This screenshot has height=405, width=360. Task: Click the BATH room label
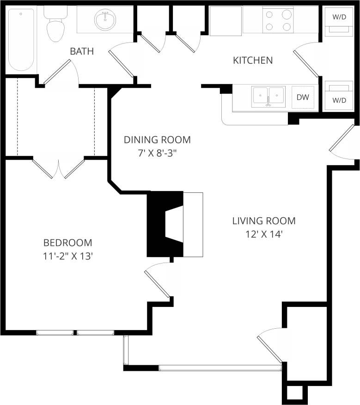tap(82, 51)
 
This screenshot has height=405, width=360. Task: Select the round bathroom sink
tap(105, 20)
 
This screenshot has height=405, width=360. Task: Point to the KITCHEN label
tap(252, 60)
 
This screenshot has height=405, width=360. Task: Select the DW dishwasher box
tap(303, 98)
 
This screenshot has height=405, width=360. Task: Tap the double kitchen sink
tap(268, 97)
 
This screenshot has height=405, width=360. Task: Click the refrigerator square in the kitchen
tap(225, 21)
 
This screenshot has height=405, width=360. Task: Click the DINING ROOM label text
tap(157, 140)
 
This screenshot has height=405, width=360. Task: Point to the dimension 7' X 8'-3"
tap(158, 153)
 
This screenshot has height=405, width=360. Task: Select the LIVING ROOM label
tap(263, 221)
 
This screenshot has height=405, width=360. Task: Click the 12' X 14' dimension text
tap(263, 234)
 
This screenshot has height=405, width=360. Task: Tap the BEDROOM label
tap(67, 242)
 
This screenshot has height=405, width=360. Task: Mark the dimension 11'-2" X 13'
tap(68, 256)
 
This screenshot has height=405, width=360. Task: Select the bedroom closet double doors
tap(59, 169)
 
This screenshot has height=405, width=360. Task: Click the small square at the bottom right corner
tap(293, 393)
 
